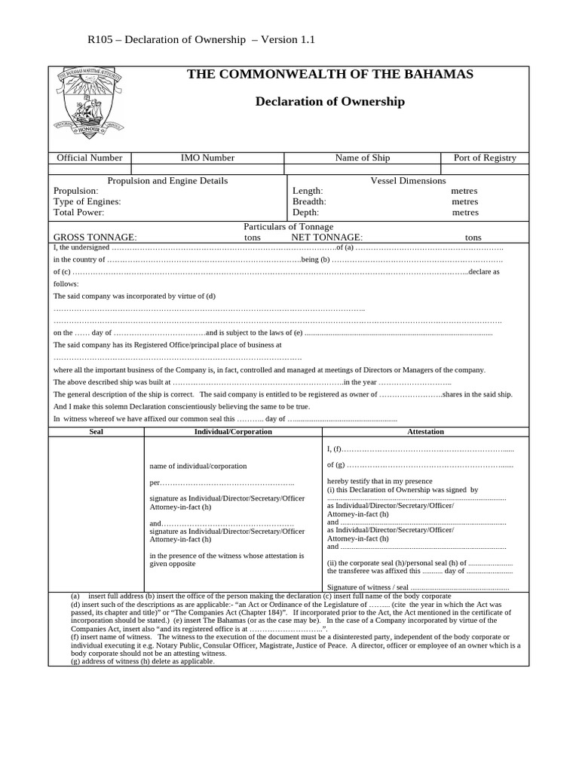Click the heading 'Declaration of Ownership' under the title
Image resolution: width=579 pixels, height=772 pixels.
coord(329,102)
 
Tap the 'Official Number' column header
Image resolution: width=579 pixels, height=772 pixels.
coord(90,158)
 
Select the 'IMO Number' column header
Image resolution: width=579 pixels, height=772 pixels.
coord(207,158)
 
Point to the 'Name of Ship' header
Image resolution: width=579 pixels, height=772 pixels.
coord(363,158)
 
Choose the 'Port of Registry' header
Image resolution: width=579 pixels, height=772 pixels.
coord(485,158)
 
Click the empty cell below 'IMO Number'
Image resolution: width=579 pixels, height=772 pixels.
coord(207,169)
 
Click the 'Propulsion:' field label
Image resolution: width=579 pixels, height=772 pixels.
coord(75,191)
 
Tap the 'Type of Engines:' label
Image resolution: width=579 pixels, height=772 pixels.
coord(87,202)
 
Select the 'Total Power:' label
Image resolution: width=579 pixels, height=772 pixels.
coord(78,213)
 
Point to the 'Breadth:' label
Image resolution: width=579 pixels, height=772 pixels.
coord(309,202)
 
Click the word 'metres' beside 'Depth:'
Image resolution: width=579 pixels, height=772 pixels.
coord(465,213)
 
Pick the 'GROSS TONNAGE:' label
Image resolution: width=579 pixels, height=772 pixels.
coord(95,237)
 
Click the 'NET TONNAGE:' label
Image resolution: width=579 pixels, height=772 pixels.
coord(327,237)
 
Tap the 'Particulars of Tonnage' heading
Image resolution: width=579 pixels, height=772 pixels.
coord(288,227)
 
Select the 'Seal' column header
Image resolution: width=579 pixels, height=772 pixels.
coord(96,432)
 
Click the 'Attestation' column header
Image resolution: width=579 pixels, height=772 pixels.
coord(425,432)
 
